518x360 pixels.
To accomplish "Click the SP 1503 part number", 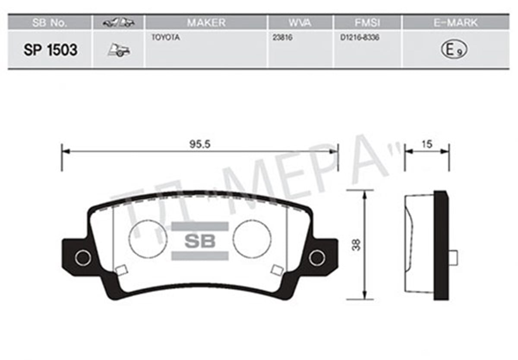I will [51, 50].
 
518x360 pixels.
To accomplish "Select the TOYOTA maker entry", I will [165, 38].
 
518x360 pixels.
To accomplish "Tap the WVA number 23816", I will [282, 38].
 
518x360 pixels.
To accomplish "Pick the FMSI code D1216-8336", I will [359, 38].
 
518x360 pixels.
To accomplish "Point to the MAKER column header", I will [206, 22].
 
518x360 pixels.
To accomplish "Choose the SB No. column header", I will [50, 22].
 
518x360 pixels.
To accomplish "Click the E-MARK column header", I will [455, 22].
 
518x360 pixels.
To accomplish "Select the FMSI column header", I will [367, 22].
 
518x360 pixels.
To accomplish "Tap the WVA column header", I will [300, 22].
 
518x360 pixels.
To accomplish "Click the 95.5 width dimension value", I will [199, 145].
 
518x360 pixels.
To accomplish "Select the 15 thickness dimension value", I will [426, 145].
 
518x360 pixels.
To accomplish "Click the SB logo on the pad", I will [199, 241].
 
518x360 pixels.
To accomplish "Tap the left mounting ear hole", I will [82, 258].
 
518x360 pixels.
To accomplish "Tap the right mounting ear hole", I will [316, 258].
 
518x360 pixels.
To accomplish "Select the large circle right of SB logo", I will [252, 239].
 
